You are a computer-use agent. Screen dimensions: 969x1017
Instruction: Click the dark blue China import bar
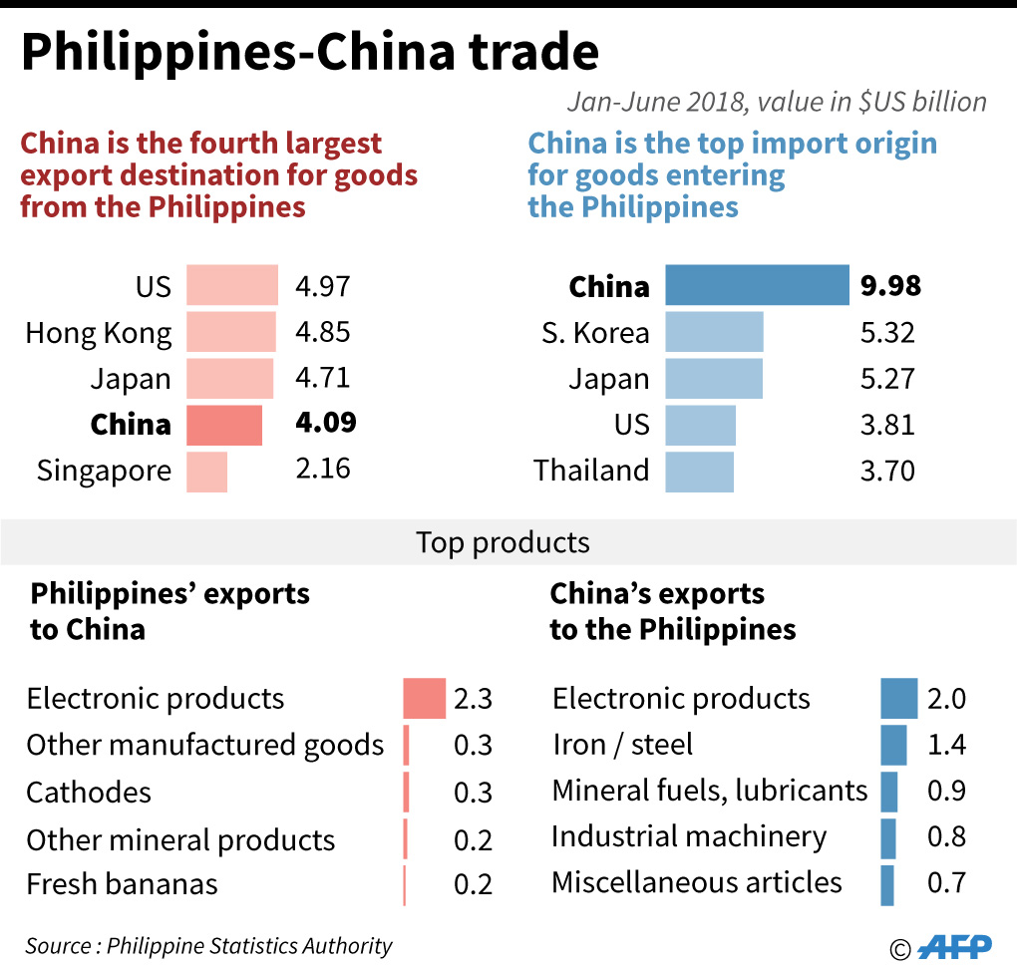(x=757, y=285)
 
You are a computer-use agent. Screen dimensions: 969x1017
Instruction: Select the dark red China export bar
(x=224, y=425)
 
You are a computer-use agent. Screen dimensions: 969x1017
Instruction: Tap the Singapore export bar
(x=206, y=471)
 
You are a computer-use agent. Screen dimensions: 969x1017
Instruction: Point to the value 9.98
(x=890, y=286)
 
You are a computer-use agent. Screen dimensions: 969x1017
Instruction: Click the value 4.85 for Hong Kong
(x=323, y=332)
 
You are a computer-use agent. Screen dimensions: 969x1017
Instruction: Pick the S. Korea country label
(x=595, y=333)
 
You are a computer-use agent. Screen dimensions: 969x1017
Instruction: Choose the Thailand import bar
(x=699, y=471)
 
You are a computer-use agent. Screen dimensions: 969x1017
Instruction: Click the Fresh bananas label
(x=122, y=884)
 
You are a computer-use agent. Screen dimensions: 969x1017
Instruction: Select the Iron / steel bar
(x=893, y=745)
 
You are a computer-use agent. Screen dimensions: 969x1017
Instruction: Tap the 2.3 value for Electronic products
(x=474, y=699)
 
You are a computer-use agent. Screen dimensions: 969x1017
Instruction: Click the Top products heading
(x=503, y=542)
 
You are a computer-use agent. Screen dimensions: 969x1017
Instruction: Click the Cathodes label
(x=89, y=793)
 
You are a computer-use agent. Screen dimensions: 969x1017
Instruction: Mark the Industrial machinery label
(x=688, y=837)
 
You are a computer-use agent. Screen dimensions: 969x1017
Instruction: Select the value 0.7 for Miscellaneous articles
(x=946, y=883)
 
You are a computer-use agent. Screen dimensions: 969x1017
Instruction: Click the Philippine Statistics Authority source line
(x=209, y=946)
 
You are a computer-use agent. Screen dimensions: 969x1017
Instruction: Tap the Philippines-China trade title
(x=310, y=54)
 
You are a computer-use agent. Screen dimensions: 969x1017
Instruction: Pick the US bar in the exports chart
(x=232, y=285)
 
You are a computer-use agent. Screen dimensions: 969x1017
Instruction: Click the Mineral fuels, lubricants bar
(x=889, y=792)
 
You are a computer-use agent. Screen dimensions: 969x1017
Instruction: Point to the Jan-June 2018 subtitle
(x=777, y=102)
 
